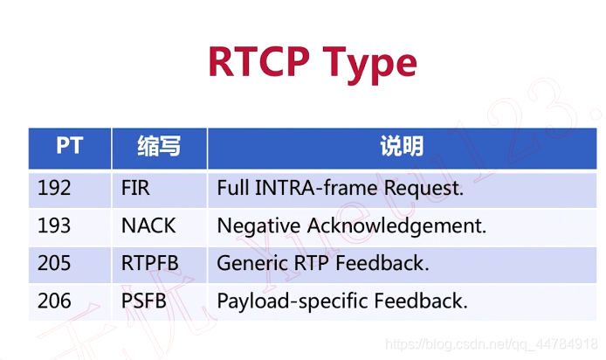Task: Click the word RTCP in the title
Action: click(x=259, y=64)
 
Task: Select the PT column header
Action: click(x=69, y=145)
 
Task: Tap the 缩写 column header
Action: click(x=159, y=146)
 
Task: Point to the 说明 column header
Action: click(x=402, y=146)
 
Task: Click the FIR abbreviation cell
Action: click(x=137, y=188)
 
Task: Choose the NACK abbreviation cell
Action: click(x=148, y=225)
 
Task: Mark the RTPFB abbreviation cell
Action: click(x=151, y=263)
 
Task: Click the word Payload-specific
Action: click(x=292, y=301)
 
